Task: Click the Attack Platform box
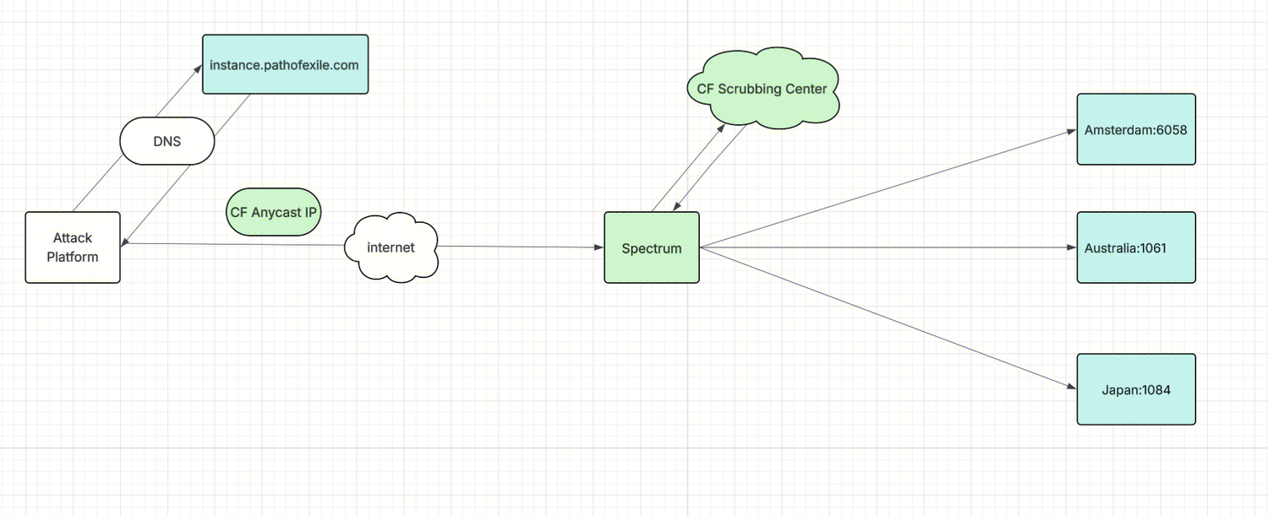(x=73, y=247)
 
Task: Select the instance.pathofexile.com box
(x=285, y=64)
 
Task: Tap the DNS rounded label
(x=167, y=141)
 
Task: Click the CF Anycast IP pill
(x=274, y=212)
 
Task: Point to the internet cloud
(x=391, y=247)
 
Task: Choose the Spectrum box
(x=651, y=247)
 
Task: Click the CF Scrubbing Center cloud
(x=762, y=89)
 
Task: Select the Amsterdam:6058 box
(x=1135, y=129)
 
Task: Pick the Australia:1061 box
(x=1135, y=247)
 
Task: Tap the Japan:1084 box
(x=1135, y=389)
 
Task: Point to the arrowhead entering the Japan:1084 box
(x=1071, y=388)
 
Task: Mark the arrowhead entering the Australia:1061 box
(x=1071, y=247)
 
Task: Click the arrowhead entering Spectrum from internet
(x=598, y=247)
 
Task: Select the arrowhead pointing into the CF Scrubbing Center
(x=721, y=127)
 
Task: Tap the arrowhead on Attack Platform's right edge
(x=126, y=244)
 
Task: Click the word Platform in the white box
(x=73, y=257)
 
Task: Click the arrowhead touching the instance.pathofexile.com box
(x=197, y=74)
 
